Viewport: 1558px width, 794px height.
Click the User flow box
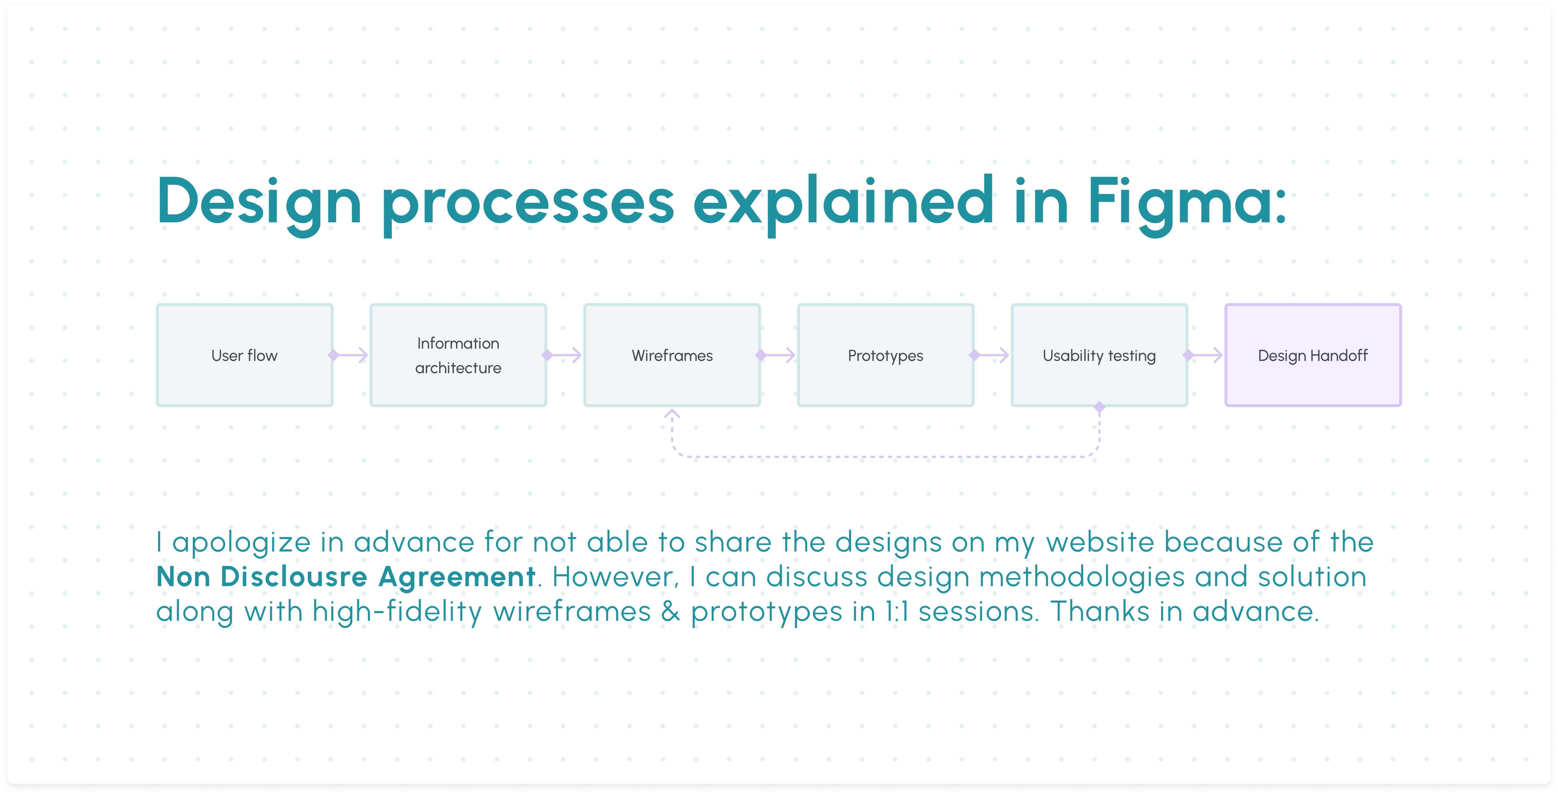click(244, 355)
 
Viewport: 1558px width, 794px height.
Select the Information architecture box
click(458, 355)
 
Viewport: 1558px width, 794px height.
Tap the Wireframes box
click(672, 355)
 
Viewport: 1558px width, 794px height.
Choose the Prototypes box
click(885, 355)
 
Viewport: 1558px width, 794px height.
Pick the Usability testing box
click(1099, 355)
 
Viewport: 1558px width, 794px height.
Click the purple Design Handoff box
click(1313, 355)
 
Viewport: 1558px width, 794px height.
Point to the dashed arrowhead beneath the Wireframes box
click(672, 414)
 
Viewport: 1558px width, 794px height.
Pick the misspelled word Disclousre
click(294, 576)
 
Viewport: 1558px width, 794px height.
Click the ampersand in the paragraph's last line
click(670, 611)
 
